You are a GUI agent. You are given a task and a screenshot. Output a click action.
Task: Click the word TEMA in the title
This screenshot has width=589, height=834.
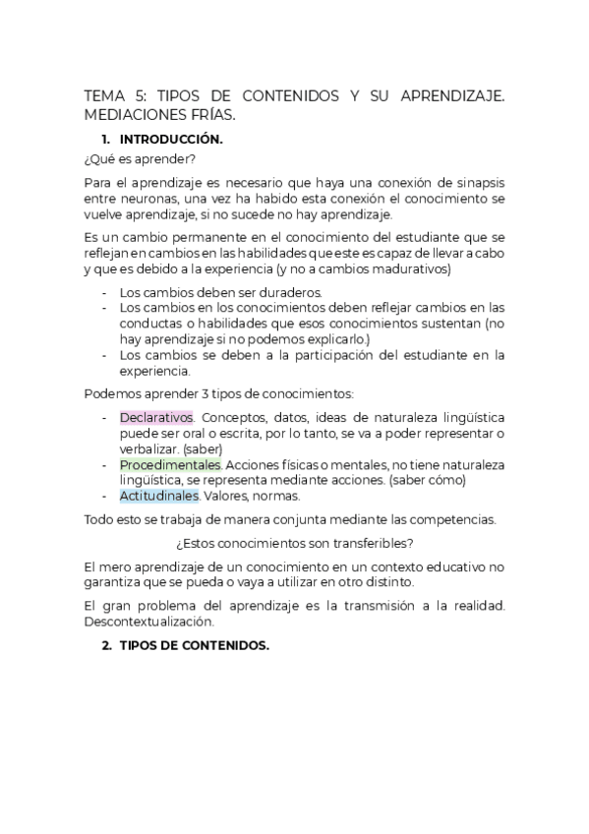point(103,96)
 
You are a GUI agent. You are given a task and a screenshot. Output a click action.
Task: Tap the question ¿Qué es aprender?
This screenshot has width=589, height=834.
point(141,158)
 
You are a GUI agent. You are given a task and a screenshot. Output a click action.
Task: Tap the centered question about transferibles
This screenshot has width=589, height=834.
point(295,543)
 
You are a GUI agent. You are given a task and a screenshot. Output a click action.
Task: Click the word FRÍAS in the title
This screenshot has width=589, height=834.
point(211,114)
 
